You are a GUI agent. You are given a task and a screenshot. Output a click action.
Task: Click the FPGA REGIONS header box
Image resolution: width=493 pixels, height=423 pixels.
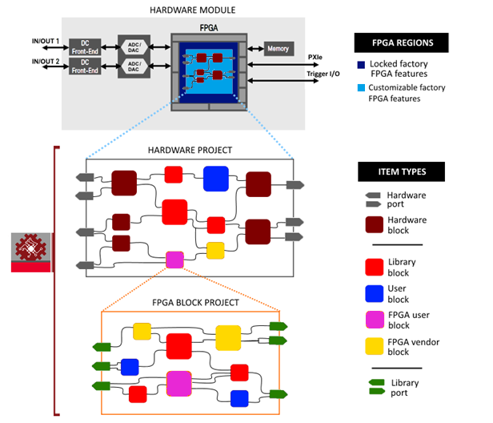pyautogui.click(x=402, y=42)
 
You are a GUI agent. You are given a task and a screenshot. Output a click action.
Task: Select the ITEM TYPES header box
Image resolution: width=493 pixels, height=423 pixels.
pyautogui.click(x=402, y=171)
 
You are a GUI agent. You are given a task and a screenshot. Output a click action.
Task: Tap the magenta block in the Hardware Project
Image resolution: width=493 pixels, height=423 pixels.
pyautogui.click(x=174, y=260)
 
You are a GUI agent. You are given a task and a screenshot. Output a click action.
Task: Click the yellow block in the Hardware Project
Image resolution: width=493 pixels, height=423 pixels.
pyautogui.click(x=215, y=250)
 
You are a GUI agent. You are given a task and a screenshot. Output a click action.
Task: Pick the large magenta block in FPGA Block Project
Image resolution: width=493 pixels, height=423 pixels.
pyautogui.click(x=179, y=383)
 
